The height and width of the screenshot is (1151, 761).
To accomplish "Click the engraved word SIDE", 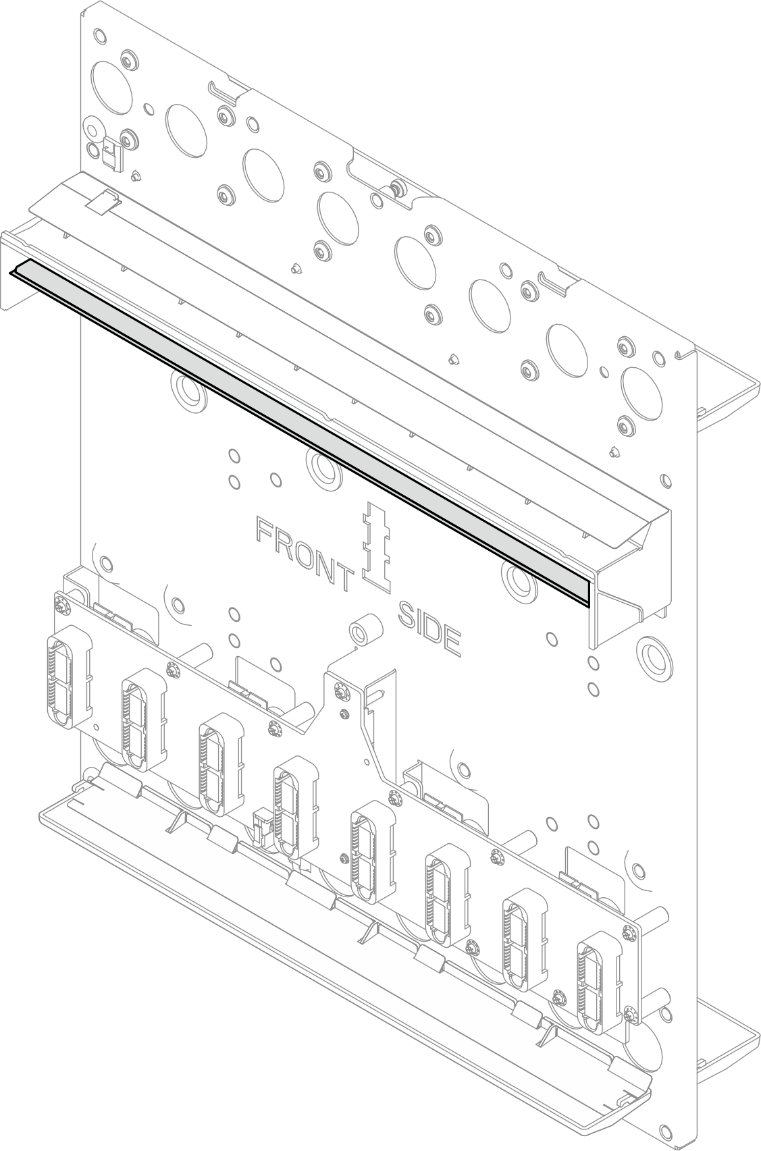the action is (429, 630).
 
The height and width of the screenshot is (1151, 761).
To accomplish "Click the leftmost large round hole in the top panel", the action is (111, 86).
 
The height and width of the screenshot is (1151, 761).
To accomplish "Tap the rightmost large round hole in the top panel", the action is (641, 394).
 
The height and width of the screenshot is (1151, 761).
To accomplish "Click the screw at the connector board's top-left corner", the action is (61, 608).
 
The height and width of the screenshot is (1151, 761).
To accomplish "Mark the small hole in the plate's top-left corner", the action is (100, 36).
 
